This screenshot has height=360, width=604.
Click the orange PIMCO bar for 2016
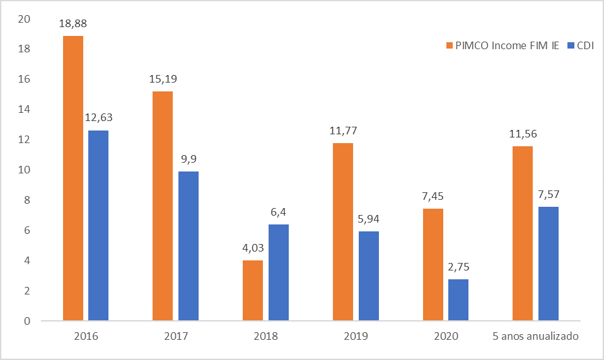point(73,178)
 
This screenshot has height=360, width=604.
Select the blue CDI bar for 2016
point(98,226)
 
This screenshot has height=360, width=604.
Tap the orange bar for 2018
point(252,291)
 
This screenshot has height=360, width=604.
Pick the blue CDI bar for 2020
point(458,300)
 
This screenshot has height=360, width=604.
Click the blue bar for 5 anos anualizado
point(548,264)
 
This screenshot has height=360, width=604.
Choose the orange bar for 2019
point(342,232)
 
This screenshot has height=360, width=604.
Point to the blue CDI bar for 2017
point(188,246)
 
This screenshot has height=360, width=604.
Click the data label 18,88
point(73,24)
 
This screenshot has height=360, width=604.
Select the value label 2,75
point(458,267)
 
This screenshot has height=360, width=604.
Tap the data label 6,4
point(278,212)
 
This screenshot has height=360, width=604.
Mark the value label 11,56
point(523,134)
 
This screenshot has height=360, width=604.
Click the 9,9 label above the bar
point(188,159)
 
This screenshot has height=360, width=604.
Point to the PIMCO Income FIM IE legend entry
point(502,45)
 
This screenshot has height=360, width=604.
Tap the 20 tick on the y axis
point(25,19)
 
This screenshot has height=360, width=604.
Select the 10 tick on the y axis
point(25,170)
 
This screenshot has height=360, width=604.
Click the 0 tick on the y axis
point(27,321)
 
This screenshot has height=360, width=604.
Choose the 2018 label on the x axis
point(265,337)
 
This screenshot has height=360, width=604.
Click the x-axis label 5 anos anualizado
point(535,337)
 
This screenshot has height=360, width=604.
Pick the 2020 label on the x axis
point(446,337)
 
